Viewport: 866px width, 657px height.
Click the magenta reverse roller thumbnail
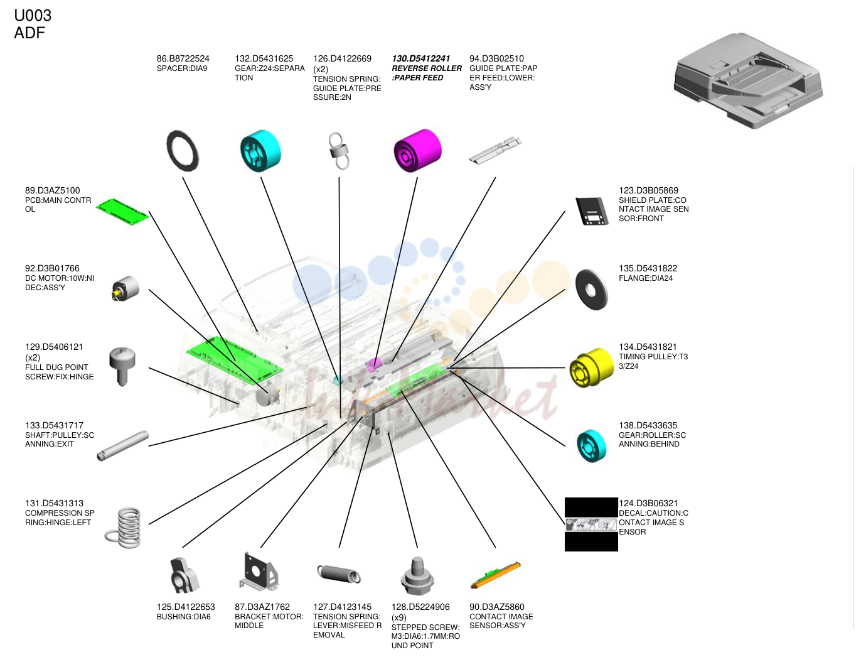(x=417, y=150)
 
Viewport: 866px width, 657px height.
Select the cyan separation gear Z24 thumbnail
(x=260, y=151)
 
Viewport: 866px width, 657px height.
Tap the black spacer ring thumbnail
(x=182, y=151)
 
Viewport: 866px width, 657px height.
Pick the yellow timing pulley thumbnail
(x=591, y=367)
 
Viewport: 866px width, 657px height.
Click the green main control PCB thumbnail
(x=122, y=212)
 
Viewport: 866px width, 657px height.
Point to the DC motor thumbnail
(x=125, y=289)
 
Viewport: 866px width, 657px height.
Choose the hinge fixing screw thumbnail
(x=122, y=366)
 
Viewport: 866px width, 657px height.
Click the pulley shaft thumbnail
(x=123, y=446)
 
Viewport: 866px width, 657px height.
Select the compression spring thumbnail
(x=123, y=528)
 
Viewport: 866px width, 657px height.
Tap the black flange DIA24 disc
(x=591, y=290)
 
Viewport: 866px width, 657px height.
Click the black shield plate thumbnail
(x=591, y=211)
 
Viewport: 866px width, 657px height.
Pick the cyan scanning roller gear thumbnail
(x=591, y=446)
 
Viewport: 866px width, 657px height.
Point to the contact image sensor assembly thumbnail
(x=496, y=575)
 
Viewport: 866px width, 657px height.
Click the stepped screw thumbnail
(x=417, y=576)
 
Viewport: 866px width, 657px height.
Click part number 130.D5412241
(x=420, y=58)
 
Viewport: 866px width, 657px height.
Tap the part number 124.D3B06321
(x=648, y=503)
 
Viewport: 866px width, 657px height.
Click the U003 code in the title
(x=33, y=16)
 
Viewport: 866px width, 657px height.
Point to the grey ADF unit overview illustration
(x=748, y=80)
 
